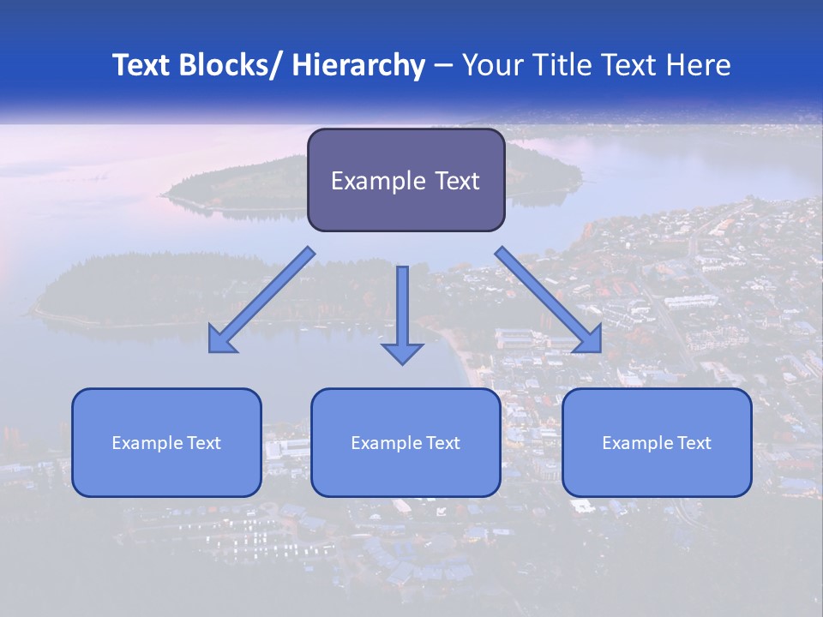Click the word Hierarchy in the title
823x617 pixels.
click(358, 65)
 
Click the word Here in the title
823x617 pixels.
click(699, 65)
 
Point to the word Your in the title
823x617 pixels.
click(493, 65)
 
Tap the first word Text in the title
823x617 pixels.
click(142, 65)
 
